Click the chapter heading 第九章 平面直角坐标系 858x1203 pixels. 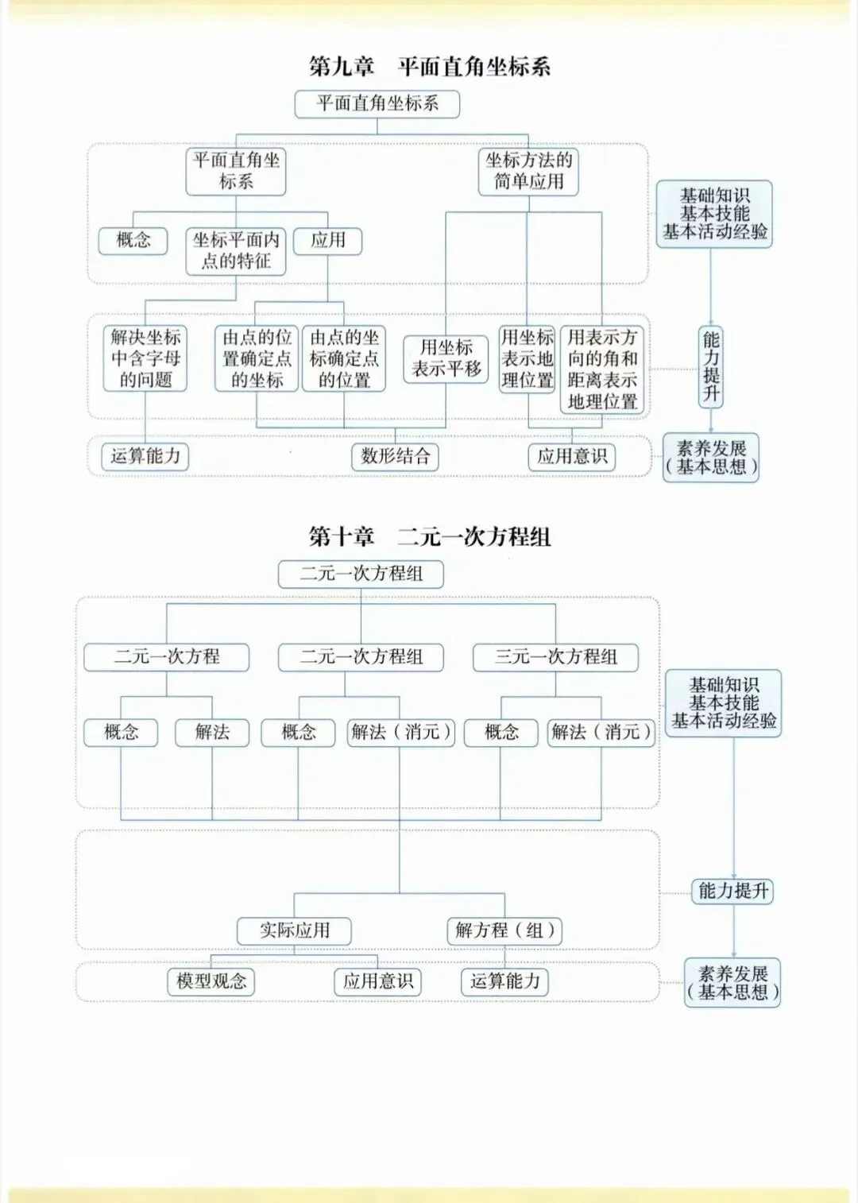[429, 66]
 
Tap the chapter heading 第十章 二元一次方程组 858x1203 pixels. [429, 536]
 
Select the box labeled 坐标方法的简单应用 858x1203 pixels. [528, 171]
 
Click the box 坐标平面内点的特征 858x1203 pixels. [236, 250]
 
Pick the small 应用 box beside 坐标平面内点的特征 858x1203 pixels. [327, 240]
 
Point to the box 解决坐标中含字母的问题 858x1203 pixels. [145, 358]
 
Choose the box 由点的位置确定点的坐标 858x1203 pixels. [257, 358]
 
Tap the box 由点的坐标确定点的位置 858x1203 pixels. [344, 358]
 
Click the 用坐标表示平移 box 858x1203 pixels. [446, 358]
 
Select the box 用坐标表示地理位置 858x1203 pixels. [527, 358]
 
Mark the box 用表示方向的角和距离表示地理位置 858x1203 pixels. [602, 369]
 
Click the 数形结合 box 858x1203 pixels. [395, 456]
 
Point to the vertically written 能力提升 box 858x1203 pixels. [711, 366]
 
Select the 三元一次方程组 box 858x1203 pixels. [555, 656]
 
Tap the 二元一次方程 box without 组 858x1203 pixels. [167, 656]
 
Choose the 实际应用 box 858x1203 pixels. [294, 930]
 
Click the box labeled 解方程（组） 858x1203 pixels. [504, 930]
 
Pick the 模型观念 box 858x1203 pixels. [211, 981]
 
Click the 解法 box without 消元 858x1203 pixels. [212, 732]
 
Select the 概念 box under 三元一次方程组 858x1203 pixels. [501, 732]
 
